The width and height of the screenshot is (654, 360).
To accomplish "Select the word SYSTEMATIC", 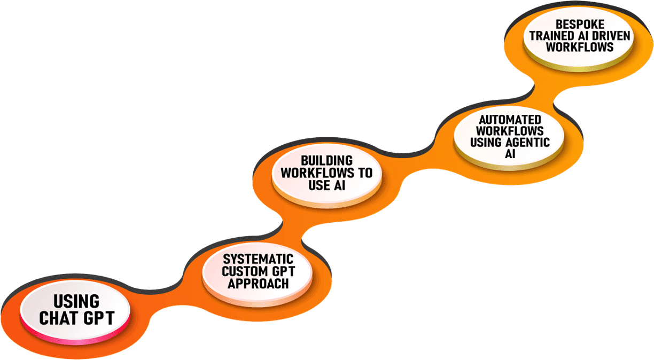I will click(258, 259).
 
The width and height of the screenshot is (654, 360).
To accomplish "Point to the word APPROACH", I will click(258, 284).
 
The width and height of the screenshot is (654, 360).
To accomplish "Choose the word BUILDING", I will click(326, 161).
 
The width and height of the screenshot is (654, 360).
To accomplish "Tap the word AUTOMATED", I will click(510, 120).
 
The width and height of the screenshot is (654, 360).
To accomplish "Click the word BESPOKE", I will click(579, 24).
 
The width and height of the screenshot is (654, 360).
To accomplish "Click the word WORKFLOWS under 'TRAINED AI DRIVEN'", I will click(579, 47).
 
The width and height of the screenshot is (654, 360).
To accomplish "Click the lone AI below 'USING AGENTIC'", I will click(510, 154).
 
